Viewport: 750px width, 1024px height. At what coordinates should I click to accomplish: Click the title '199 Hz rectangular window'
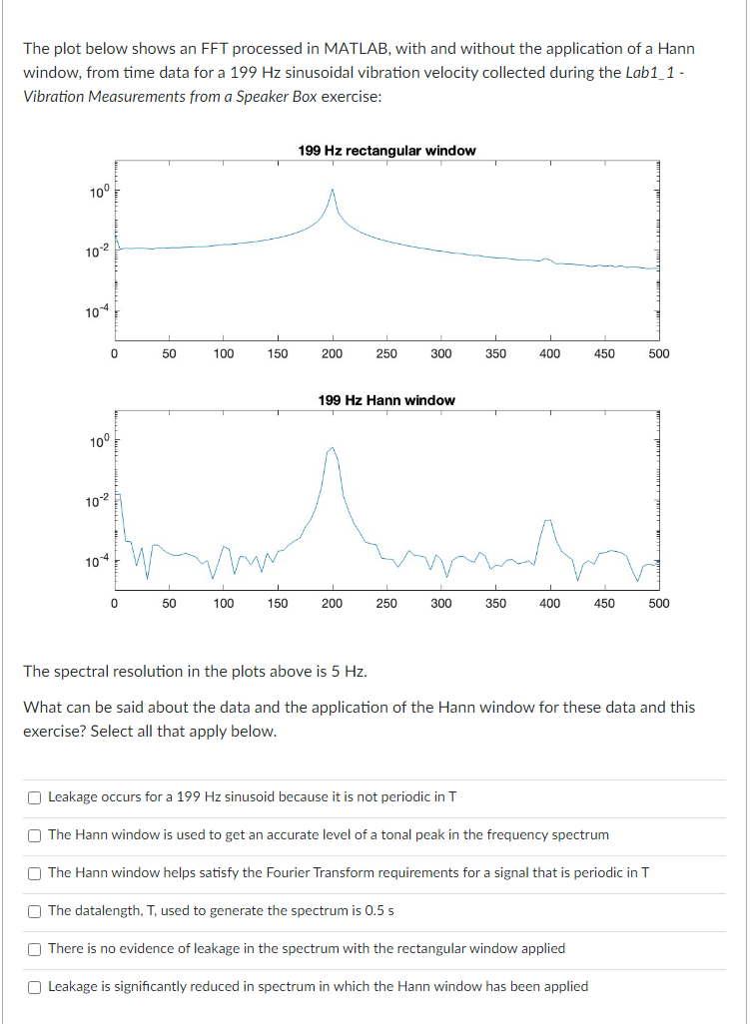[386, 151]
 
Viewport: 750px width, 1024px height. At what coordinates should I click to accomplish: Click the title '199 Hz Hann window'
[386, 400]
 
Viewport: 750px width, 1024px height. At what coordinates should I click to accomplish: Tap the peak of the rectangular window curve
[332, 191]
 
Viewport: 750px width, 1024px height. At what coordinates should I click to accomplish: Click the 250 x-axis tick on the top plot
[386, 353]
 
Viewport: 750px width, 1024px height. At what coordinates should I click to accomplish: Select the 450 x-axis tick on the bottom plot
[604, 603]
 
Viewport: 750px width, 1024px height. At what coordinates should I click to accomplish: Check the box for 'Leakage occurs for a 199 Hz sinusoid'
[35, 797]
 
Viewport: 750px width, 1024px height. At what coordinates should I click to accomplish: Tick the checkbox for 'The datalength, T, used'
[35, 911]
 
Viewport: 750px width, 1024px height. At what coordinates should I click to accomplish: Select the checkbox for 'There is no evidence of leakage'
[35, 949]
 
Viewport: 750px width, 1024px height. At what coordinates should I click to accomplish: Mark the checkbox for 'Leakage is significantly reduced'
[35, 987]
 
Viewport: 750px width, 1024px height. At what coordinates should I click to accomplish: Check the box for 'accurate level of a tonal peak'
[35, 835]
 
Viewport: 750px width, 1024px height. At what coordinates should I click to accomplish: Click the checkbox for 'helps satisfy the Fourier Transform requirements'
[35, 873]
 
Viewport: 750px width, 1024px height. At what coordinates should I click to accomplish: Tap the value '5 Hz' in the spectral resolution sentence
[346, 671]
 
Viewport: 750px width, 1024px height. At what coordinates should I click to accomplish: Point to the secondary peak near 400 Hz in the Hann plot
[546, 520]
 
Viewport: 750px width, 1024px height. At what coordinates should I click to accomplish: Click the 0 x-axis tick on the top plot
[115, 353]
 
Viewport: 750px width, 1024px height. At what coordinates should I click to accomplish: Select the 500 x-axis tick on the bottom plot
[658, 603]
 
